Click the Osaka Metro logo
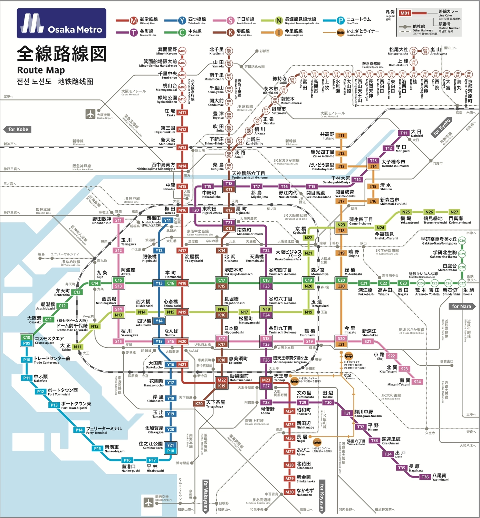pyautogui.click(x=61, y=23)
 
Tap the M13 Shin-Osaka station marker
pyautogui.click(x=182, y=147)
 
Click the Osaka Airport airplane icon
pyautogui.click(x=90, y=114)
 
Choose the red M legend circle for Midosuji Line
pyautogui.click(x=134, y=21)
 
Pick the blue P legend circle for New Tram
pyautogui.click(x=340, y=21)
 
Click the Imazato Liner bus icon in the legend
pyautogui.click(x=340, y=32)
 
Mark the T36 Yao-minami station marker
pyautogui.click(x=425, y=477)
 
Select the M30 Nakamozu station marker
pyautogui.click(x=289, y=492)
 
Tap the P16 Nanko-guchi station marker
pyautogui.click(x=127, y=460)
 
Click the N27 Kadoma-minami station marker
pyautogui.click(x=454, y=212)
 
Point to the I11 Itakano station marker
pyautogui.click(x=341, y=136)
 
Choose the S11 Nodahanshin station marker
pyautogui.click(x=118, y=220)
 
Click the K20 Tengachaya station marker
pyautogui.click(x=199, y=404)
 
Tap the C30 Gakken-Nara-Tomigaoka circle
pyautogui.click(x=462, y=241)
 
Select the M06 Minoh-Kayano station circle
pyautogui.click(x=182, y=51)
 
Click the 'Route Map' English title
pyautogui.click(x=41, y=70)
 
